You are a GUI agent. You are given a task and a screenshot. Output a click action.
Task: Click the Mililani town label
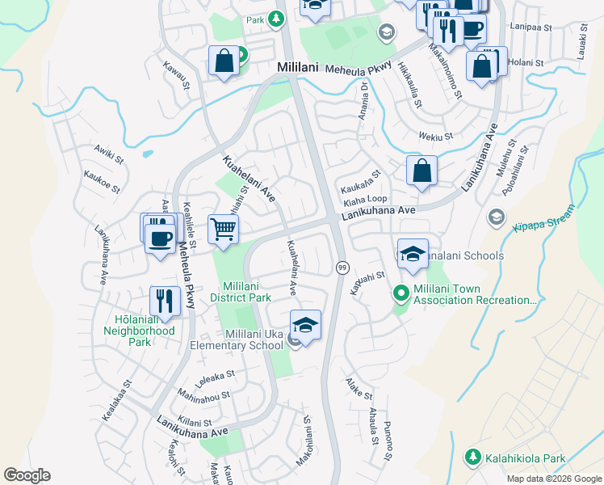click(x=298, y=68)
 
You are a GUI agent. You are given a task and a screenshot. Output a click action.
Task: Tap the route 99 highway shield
click(x=342, y=268)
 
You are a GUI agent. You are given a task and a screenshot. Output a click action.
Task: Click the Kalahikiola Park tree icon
click(x=473, y=458)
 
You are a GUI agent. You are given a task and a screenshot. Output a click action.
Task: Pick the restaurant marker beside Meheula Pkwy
click(x=166, y=302)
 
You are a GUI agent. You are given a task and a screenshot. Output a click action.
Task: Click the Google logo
click(x=27, y=475)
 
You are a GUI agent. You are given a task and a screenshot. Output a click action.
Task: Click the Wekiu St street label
click(x=436, y=137)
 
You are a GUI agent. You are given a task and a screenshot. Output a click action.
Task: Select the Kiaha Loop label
click(x=366, y=198)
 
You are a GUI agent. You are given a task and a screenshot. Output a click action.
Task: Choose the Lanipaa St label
click(x=531, y=27)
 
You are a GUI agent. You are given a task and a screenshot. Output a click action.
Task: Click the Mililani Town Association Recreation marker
click(x=399, y=293)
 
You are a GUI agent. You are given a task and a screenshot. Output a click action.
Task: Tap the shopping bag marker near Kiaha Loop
click(x=422, y=171)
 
